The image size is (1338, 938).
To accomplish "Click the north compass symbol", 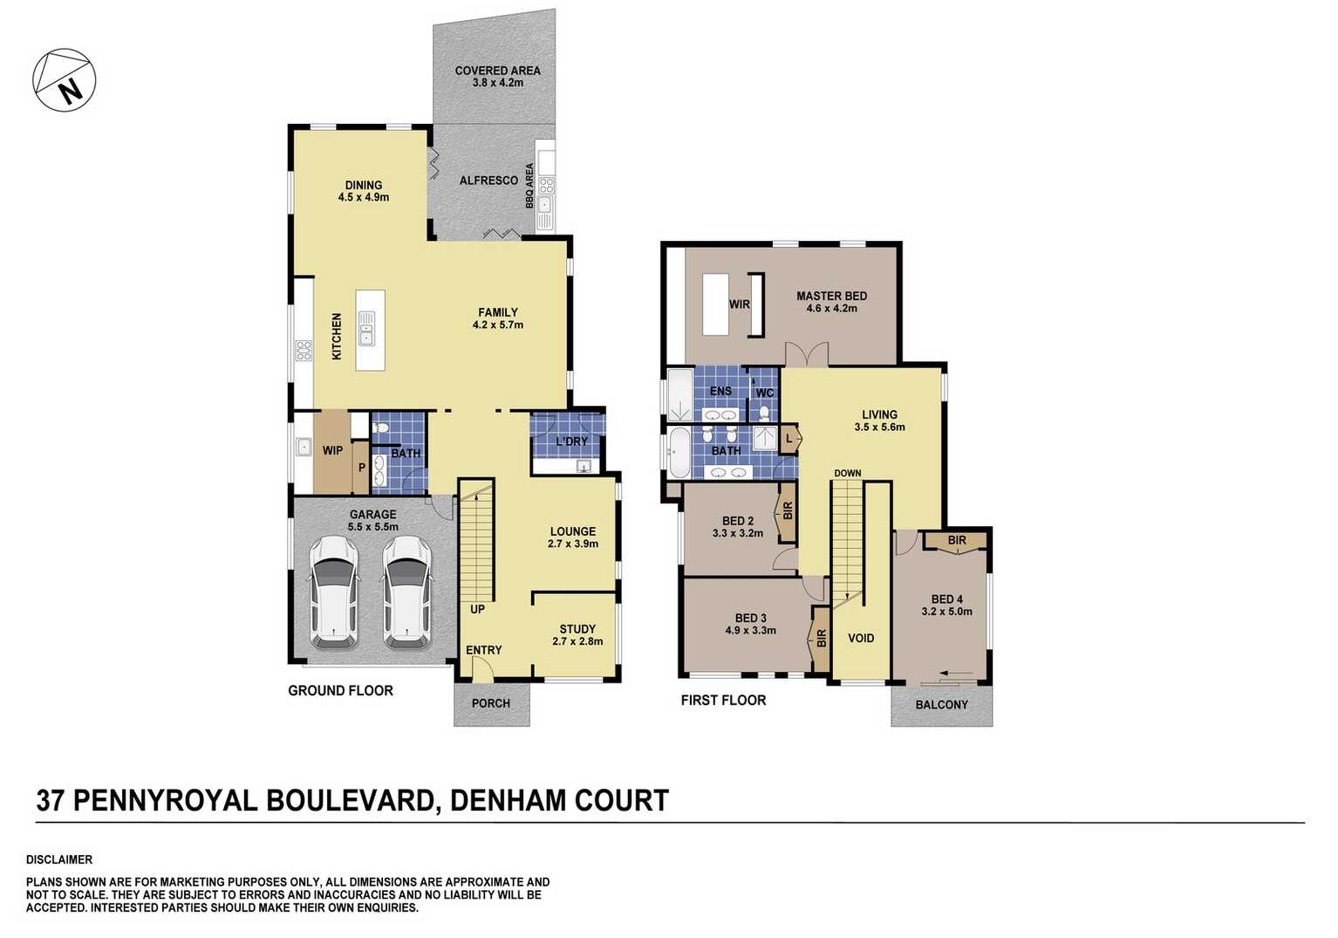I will (x=65, y=80).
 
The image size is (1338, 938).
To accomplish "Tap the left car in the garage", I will (x=334, y=591).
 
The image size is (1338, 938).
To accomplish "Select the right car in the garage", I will (x=406, y=591).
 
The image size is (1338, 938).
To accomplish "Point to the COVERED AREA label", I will (x=497, y=71).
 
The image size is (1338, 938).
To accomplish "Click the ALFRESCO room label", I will (x=488, y=181).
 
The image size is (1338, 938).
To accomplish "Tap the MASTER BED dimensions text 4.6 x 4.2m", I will (x=831, y=309).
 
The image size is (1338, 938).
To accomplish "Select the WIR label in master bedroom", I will (x=739, y=305).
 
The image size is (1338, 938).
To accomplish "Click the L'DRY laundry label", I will (x=571, y=442).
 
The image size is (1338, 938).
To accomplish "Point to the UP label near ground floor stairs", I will (x=477, y=609).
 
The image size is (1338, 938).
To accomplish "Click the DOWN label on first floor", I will (x=847, y=474).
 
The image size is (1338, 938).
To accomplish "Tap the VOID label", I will (x=861, y=639).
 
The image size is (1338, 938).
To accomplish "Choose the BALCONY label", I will (x=941, y=705).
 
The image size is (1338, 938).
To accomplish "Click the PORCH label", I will (x=490, y=703).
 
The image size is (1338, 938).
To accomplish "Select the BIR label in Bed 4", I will (x=957, y=541).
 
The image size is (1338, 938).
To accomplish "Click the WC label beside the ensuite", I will (x=764, y=394).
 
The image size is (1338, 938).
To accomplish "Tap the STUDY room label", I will (x=577, y=629).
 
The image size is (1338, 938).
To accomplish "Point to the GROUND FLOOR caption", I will (x=340, y=691).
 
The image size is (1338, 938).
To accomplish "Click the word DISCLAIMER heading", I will (x=59, y=859).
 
